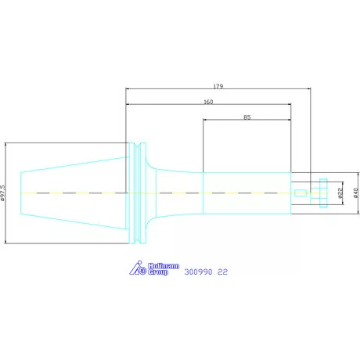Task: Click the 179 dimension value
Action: point(218,86)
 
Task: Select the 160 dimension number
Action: point(208,102)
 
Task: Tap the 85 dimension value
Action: point(247,117)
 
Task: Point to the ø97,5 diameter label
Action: point(3,193)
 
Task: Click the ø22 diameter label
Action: point(340,193)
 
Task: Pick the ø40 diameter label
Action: point(356,193)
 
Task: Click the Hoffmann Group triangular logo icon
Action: point(138,268)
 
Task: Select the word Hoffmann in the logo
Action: point(164,266)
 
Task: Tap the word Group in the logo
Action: point(158,272)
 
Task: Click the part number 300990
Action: point(198,272)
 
